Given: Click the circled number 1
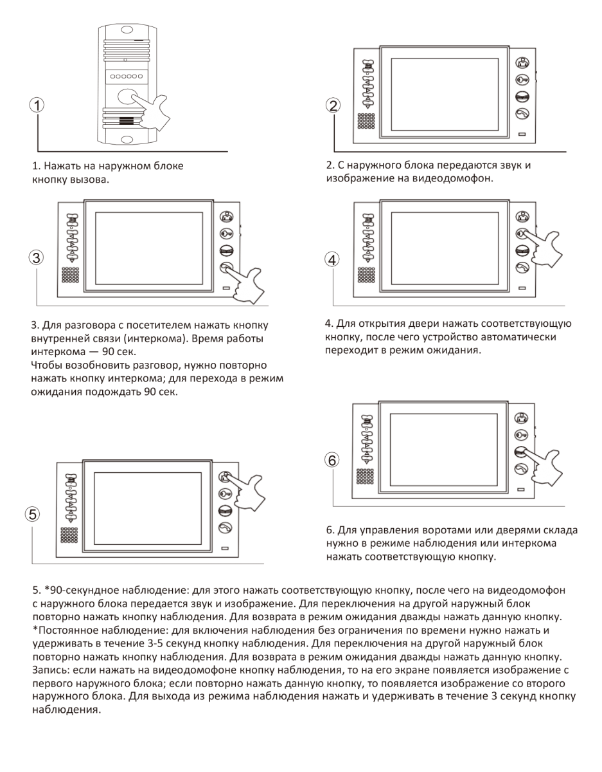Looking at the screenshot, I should click(x=39, y=106).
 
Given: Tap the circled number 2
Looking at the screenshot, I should click(x=333, y=106).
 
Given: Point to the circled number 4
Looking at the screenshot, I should click(x=332, y=259).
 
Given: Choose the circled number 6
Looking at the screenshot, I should click(x=332, y=460).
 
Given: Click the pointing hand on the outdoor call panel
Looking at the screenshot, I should click(x=150, y=111).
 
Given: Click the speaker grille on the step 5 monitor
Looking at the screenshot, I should click(x=69, y=536).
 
